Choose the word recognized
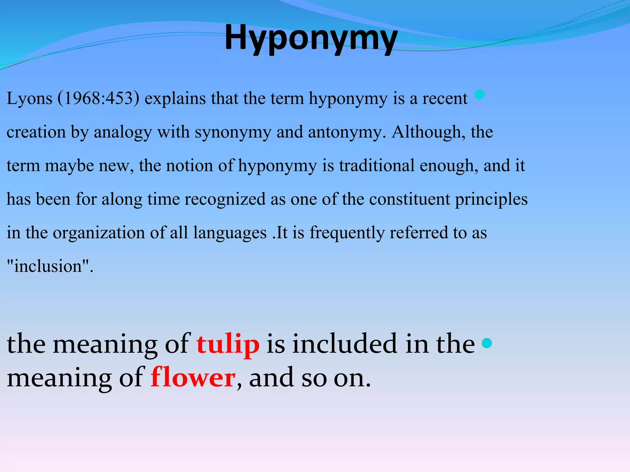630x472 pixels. click(225, 199)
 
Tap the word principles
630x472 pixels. click(491, 199)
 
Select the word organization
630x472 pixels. click(99, 233)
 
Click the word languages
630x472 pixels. click(230, 233)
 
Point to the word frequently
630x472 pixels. click(347, 233)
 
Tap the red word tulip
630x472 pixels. click(228, 344)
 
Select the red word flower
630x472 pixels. click(193, 377)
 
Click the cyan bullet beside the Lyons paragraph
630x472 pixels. click(479, 95)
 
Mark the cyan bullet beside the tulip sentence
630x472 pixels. click(487, 343)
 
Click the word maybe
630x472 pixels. click(69, 166)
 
